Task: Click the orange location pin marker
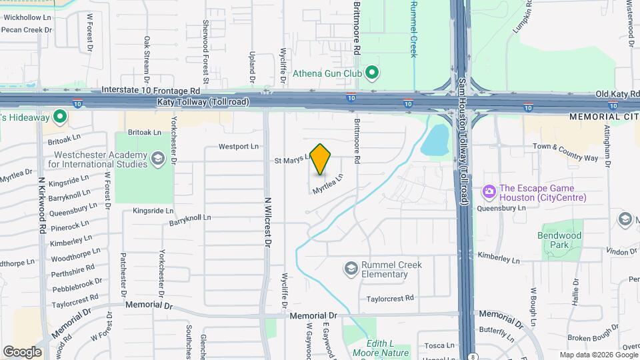coord(321,159)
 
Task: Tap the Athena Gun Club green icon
coord(373,73)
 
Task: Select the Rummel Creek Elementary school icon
coord(351,268)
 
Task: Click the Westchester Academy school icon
coord(158,159)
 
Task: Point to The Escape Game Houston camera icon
coord(489,192)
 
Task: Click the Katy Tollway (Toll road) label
coord(203,102)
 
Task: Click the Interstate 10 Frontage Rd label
coord(151,90)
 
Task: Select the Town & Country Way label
coord(565,152)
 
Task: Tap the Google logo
coord(22,351)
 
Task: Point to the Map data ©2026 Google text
coord(598,355)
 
